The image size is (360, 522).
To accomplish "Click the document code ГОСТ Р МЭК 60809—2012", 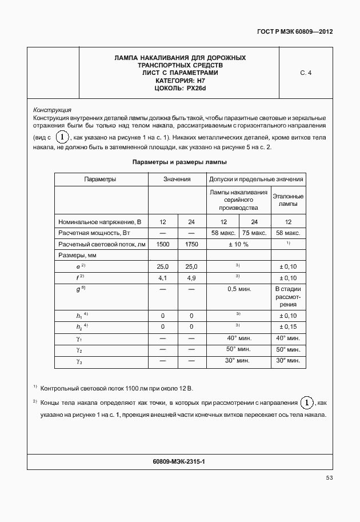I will coord(294,32).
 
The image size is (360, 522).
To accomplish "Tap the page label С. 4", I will coord(305,73).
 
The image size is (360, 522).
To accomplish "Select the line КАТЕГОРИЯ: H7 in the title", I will coord(180,81).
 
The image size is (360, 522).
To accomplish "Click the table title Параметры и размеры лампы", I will coord(180,162).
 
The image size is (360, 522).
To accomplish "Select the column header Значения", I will coord(177,180).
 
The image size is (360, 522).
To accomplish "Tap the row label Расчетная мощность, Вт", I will coord(91,233).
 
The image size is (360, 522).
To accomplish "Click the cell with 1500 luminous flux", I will coord(163,244).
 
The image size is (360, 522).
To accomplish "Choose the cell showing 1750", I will coord(191,244).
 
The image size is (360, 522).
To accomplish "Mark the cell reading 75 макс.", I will coord(254,233).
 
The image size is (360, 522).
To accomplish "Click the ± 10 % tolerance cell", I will coord(238,244).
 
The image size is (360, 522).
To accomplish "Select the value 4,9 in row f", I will coord(191,278).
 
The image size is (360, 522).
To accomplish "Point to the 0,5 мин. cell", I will coord(238,289).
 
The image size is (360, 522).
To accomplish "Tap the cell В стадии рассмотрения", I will coord(288,297).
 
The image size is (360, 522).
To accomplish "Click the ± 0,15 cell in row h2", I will coord(288,326).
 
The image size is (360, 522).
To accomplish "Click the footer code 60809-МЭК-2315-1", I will coord(179,460).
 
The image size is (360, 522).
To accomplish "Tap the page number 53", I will coord(329,477).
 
